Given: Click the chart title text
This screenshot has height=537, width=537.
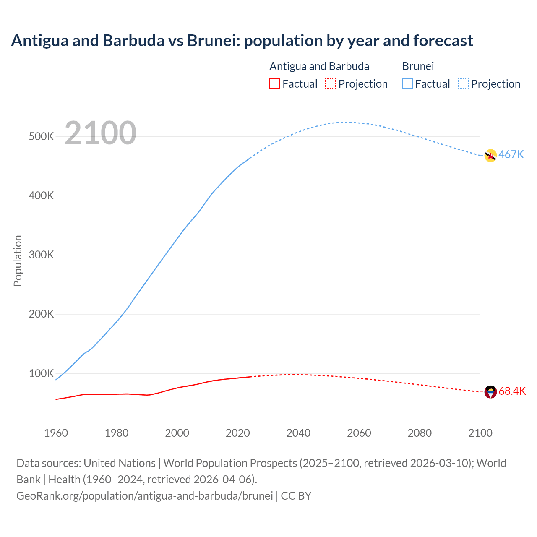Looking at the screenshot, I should coord(242,41).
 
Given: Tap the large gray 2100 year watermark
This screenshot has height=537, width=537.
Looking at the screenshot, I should coord(100,133).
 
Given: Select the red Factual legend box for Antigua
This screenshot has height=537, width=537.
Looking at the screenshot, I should coord(274,84).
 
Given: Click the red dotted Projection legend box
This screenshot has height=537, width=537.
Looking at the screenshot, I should coord(331,84).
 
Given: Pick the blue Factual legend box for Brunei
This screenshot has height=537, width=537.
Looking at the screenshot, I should coord(407,84).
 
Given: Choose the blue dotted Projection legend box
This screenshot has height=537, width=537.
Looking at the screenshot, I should coord(463,84).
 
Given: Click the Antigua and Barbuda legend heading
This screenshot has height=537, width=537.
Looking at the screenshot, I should coord(319,66).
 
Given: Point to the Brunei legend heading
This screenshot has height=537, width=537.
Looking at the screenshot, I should coord(418,66).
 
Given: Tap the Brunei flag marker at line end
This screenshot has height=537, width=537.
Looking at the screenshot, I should coord(490,156).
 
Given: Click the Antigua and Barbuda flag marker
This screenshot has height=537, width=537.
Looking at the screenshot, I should coord(490,392).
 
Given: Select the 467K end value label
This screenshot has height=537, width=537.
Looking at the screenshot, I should coord(511,155).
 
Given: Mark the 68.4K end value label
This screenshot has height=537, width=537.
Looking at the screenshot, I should coord(512,391).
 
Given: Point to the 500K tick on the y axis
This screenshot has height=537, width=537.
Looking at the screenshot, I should coord(41,137).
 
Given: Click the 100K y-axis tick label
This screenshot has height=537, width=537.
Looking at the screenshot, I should coord(41,373).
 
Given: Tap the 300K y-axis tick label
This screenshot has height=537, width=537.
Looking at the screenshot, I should coord(41,255).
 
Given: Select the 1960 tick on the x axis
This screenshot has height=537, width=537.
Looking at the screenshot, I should coord(56,433).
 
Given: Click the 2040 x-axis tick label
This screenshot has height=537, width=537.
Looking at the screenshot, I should coord(298,433).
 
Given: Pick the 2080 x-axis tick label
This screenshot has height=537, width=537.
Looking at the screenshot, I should coord(420,433).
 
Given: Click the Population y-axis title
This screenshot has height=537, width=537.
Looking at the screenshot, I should coord(18,261).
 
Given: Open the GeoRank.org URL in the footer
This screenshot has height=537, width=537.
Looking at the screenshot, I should coord(145,496).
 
